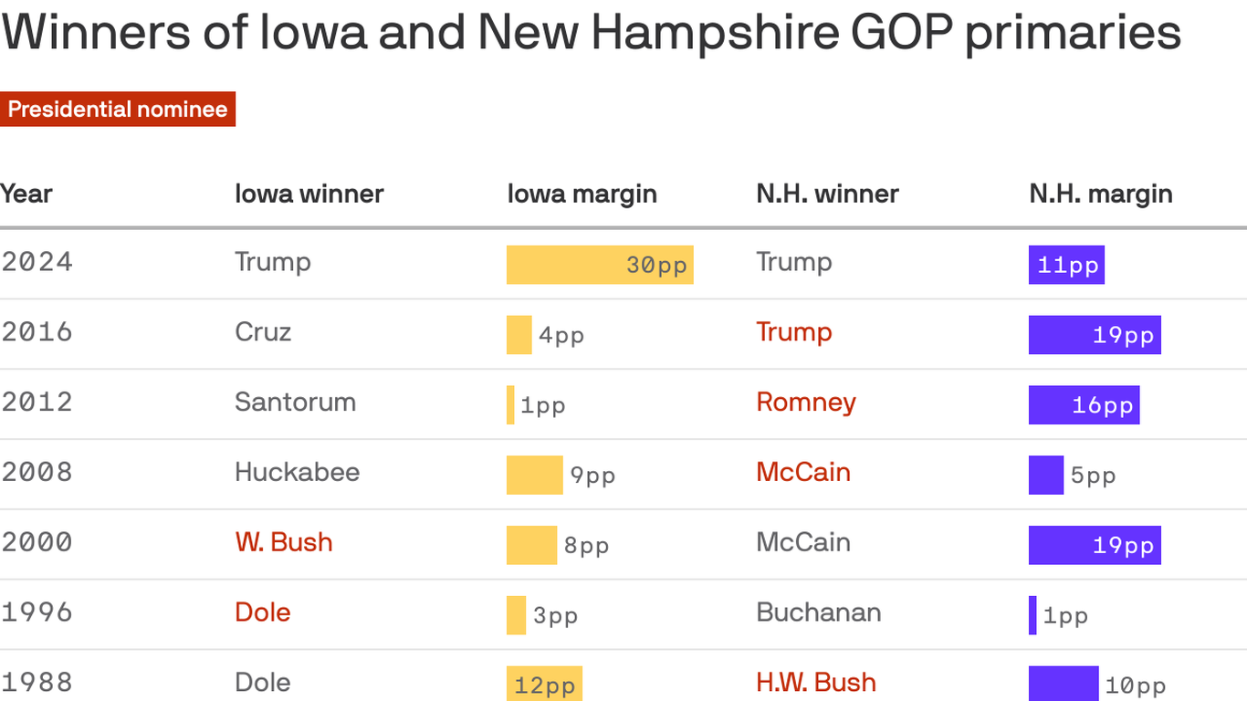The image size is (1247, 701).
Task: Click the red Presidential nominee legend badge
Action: tap(118, 110)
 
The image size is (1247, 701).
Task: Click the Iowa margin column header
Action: tap(582, 194)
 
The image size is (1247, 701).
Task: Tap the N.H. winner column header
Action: tap(827, 194)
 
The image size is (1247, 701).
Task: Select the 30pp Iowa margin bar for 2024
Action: tap(600, 265)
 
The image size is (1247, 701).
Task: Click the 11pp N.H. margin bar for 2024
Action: tap(1066, 265)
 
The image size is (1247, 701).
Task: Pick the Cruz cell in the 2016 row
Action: tap(263, 331)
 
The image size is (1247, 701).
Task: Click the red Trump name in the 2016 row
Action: tap(793, 331)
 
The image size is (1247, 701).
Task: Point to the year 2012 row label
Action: tap(37, 402)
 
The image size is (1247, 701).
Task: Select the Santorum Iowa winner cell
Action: tap(295, 402)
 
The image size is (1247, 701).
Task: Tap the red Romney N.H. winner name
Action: tap(805, 402)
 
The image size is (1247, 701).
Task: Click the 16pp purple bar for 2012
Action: tap(1084, 404)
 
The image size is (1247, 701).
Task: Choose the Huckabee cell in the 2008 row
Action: tap(297, 472)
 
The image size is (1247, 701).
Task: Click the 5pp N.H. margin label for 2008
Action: tap(1093, 476)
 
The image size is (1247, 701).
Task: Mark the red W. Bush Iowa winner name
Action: tap(283, 542)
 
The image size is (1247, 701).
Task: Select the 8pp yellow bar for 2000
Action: tap(531, 545)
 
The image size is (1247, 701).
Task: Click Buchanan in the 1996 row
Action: tap(818, 612)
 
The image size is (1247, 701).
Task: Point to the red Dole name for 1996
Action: tap(262, 612)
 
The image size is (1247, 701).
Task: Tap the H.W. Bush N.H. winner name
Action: tap(815, 682)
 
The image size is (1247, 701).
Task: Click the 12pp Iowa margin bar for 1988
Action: tap(544, 685)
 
